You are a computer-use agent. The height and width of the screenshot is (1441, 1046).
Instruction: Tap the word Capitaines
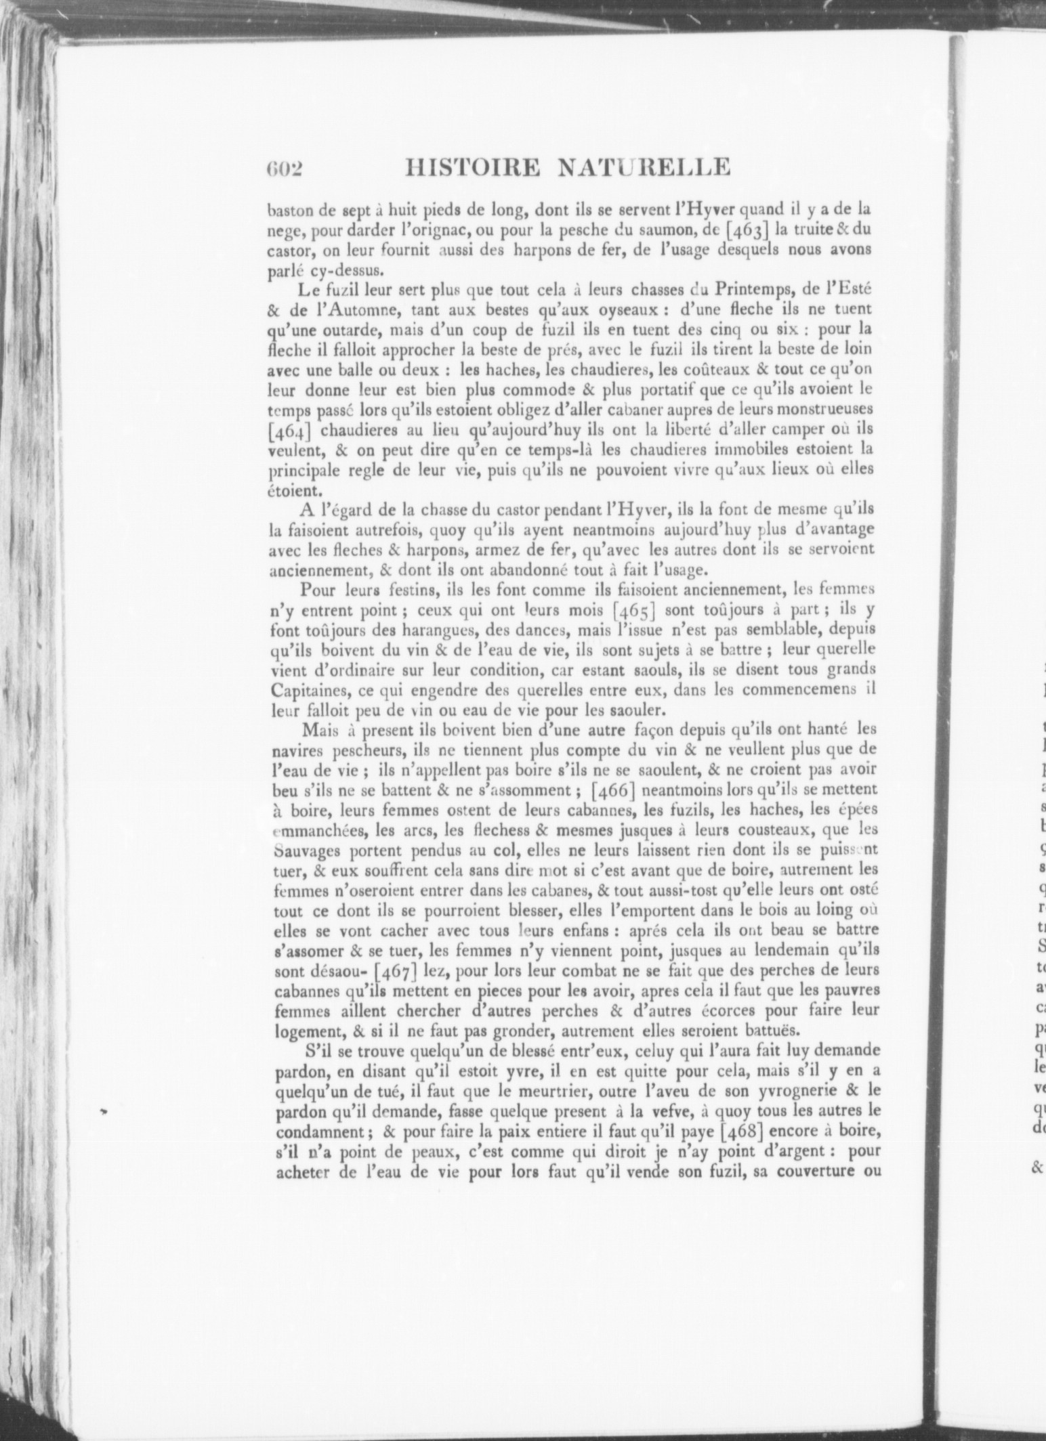310,691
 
